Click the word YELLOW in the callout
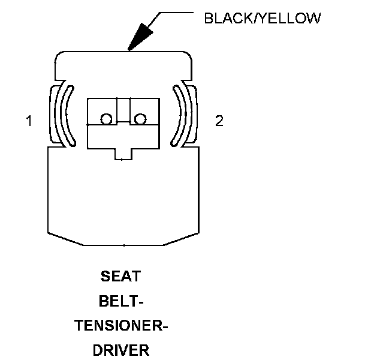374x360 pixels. [293, 19]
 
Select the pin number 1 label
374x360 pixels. [29, 121]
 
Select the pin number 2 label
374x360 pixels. [219, 121]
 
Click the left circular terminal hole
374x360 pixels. [106, 119]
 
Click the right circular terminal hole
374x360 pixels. [140, 119]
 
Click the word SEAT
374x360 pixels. [122, 277]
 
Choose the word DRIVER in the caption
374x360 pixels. [122, 350]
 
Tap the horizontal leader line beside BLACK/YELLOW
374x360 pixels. [177, 13]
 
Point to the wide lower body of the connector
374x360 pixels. [123, 198]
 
